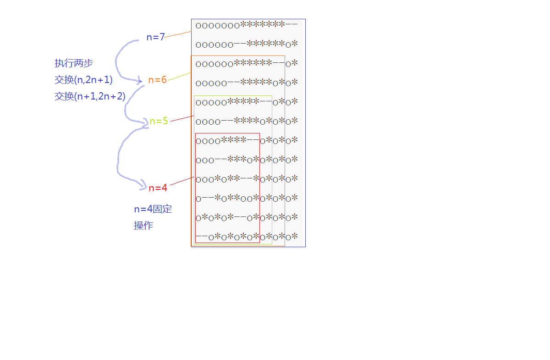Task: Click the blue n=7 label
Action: click(x=155, y=37)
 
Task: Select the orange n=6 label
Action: click(x=157, y=79)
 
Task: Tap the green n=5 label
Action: click(x=159, y=121)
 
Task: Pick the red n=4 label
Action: click(x=158, y=188)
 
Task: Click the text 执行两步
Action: click(x=74, y=63)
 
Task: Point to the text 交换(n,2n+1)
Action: click(x=83, y=80)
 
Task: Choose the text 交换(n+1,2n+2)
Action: click(x=90, y=96)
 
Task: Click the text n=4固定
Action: click(x=153, y=209)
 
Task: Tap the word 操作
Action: click(x=143, y=226)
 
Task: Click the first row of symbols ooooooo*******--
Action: click(x=247, y=25)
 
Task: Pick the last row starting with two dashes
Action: click(x=247, y=237)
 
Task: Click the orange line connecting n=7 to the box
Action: click(x=178, y=34)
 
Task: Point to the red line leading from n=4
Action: click(x=182, y=181)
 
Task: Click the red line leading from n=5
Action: click(x=182, y=118)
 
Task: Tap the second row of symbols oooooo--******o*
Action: click(x=247, y=44)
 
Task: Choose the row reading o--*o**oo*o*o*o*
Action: click(x=247, y=198)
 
